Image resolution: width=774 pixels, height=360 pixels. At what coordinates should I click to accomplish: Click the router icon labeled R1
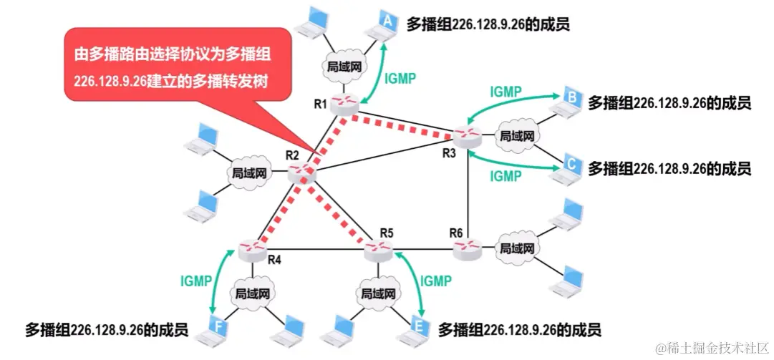344,104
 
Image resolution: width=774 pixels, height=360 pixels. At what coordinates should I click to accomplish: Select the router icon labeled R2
301,172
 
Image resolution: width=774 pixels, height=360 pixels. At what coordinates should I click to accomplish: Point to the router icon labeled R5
377,249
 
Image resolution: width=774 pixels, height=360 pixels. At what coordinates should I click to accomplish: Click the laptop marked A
384,26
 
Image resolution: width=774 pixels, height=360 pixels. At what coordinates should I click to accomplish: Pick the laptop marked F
218,326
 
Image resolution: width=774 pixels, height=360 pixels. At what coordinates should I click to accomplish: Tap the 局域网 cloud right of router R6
517,248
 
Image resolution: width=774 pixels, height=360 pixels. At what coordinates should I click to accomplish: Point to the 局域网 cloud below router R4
252,293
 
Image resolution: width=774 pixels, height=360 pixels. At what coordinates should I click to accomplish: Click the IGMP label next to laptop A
400,79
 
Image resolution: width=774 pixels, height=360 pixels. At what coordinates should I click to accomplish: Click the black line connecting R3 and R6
468,190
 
